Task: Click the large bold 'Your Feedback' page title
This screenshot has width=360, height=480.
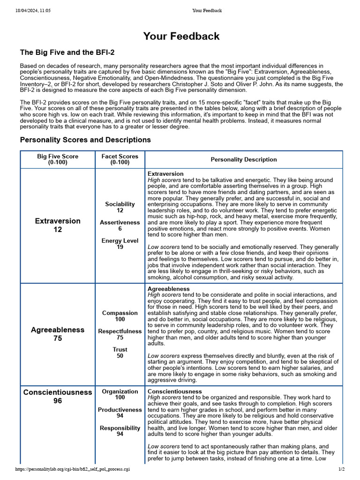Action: pos(181,36)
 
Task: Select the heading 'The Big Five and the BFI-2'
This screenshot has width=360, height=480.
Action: pos(67,52)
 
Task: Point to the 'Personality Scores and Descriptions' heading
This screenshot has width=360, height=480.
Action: pos(85,140)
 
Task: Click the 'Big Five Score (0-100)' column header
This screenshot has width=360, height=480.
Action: pos(58,159)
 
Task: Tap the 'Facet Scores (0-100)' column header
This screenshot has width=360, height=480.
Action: pos(120,159)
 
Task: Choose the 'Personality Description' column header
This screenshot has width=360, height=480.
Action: pos(243,159)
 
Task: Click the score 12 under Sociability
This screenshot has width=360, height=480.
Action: pos(120,210)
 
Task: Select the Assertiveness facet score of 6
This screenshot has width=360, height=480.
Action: pos(120,229)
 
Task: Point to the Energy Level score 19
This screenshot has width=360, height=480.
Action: pos(120,247)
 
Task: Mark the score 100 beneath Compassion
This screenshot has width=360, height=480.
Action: pos(120,319)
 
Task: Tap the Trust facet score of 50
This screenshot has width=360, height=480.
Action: pos(120,356)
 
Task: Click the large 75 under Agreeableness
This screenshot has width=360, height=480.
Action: pos(58,338)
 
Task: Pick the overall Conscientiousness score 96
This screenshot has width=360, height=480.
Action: pos(58,401)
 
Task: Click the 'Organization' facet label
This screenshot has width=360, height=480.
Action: pos(120,391)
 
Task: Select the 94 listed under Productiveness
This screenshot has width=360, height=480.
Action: pos(120,416)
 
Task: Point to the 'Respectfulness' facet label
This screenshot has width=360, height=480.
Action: pos(120,331)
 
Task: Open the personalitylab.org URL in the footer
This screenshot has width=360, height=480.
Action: pos(73,469)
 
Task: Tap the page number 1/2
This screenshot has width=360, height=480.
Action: pos(341,469)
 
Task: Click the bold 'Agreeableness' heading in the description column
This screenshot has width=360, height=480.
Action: pos(168,289)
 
